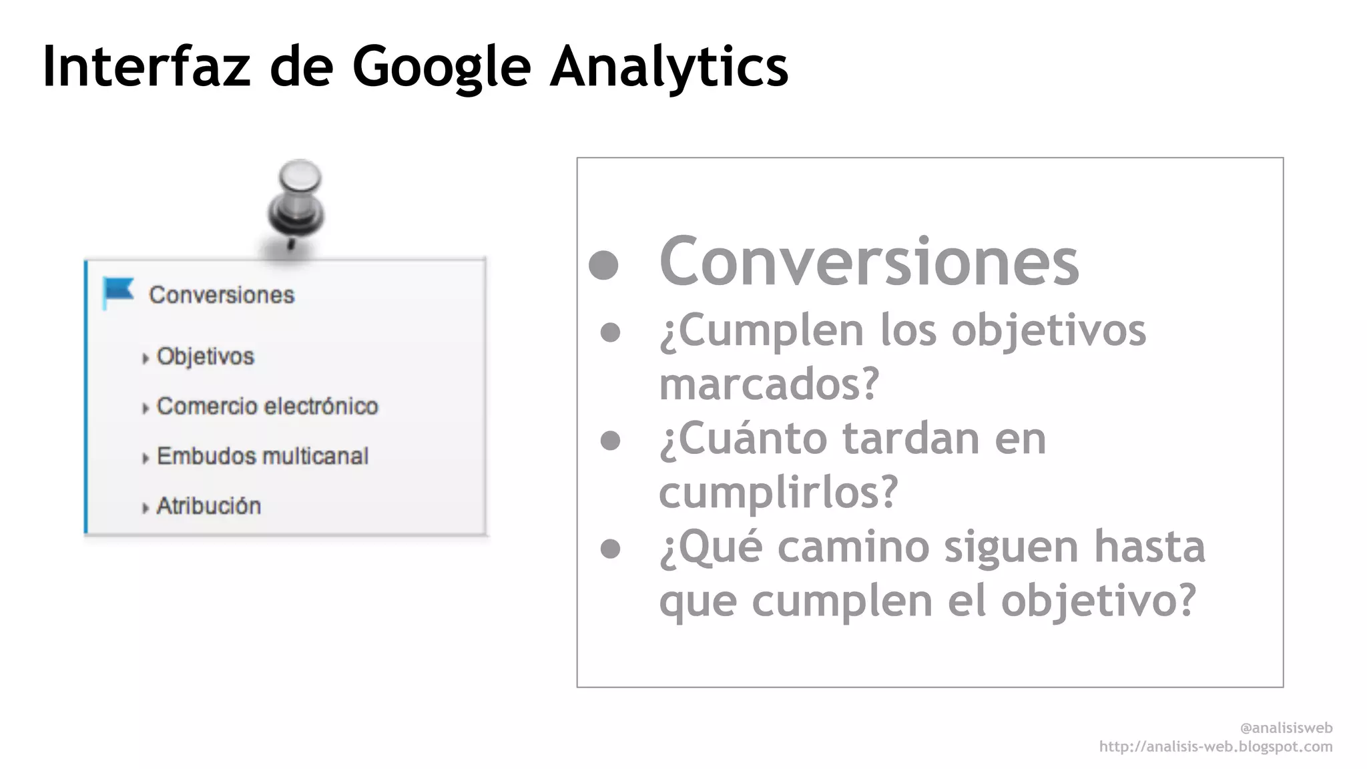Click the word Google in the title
(x=441, y=66)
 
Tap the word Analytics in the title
(x=669, y=66)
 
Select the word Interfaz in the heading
(x=146, y=66)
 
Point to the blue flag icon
(x=118, y=292)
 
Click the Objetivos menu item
(x=205, y=356)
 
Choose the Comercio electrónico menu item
(x=267, y=406)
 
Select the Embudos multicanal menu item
(x=262, y=456)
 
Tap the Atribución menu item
(x=208, y=506)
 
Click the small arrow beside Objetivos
(x=146, y=358)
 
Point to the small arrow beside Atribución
(x=146, y=508)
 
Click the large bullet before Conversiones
(x=604, y=264)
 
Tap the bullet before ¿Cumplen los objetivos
(x=610, y=332)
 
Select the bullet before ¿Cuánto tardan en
(x=610, y=441)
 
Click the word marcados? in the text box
(x=769, y=384)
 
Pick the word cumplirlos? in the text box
(x=778, y=492)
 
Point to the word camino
(x=852, y=546)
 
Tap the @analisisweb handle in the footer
(x=1286, y=728)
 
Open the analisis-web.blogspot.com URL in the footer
(x=1215, y=746)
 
